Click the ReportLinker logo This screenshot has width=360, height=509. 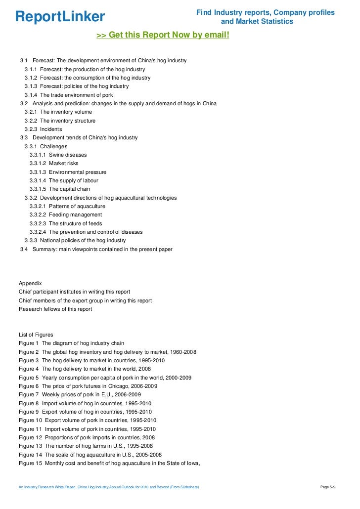[x=60, y=17]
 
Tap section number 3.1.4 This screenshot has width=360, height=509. [x=31, y=95]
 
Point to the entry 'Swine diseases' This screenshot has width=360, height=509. [x=67, y=155]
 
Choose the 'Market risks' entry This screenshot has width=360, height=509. [x=63, y=163]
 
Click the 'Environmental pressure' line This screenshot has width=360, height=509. [x=78, y=172]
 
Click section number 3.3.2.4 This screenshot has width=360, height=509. [x=38, y=232]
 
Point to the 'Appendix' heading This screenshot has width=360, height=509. [x=30, y=283]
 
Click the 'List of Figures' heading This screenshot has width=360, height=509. [x=36, y=335]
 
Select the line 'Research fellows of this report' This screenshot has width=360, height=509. [x=55, y=309]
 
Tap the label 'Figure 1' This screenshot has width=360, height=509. [x=29, y=343]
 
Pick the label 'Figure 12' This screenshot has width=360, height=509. [x=30, y=437]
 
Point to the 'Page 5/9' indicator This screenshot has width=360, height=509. [x=328, y=487]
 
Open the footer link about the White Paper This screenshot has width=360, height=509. [x=109, y=487]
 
